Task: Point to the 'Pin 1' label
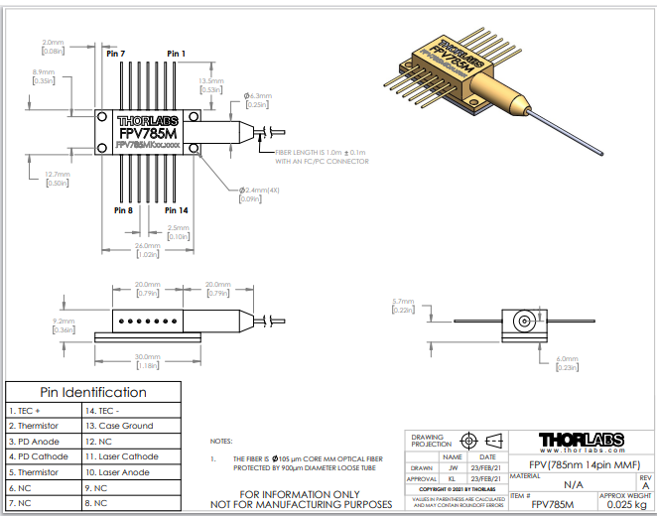(176, 53)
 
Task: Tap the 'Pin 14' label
(177, 209)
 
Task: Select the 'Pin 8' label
(124, 209)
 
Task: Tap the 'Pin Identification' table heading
(93, 392)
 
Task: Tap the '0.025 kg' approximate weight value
(625, 503)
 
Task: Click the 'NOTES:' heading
(222, 441)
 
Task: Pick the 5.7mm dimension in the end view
(403, 301)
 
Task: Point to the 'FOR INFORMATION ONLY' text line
(298, 493)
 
